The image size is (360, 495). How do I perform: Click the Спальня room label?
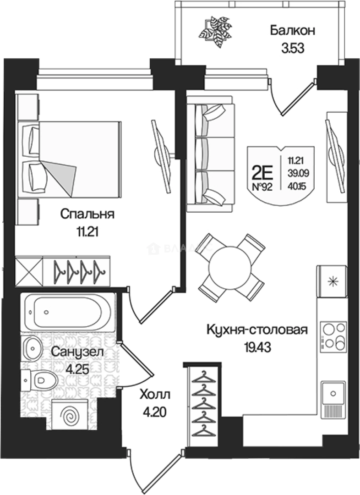(x=87, y=214)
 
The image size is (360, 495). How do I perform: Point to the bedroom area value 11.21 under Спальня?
(x=87, y=231)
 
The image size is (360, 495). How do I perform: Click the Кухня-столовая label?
(x=256, y=330)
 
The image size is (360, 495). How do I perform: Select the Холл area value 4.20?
(x=154, y=412)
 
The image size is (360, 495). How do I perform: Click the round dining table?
(x=231, y=267)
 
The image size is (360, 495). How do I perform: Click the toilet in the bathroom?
(x=41, y=379)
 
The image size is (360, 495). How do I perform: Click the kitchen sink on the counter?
(x=333, y=393)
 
